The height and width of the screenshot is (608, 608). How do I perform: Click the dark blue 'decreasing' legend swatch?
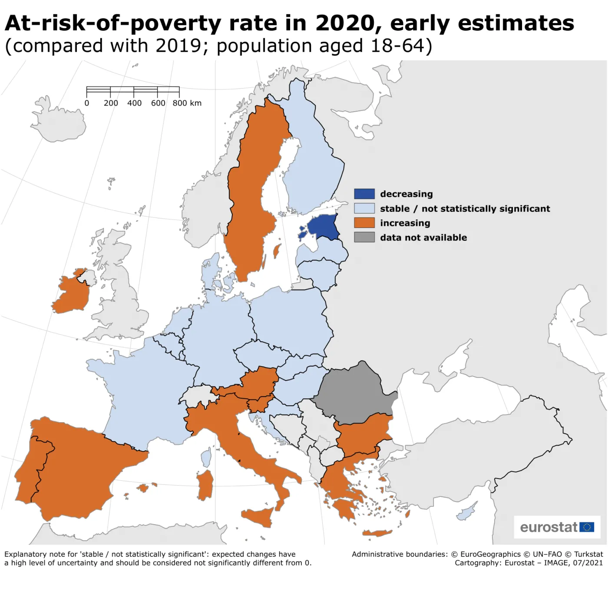click(x=364, y=194)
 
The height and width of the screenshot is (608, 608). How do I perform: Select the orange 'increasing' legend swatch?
click(x=364, y=223)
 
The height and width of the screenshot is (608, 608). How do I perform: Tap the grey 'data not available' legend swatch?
click(x=364, y=237)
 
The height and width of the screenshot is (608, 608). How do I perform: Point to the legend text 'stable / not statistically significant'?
click(x=465, y=208)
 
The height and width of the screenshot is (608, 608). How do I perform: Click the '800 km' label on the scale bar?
click(x=187, y=103)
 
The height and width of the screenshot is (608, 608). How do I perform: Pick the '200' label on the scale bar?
click(x=111, y=103)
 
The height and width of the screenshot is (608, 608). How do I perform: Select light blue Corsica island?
click(x=206, y=458)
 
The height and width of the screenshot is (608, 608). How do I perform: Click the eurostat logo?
click(x=557, y=527)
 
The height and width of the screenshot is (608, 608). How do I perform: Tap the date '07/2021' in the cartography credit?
click(x=588, y=563)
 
